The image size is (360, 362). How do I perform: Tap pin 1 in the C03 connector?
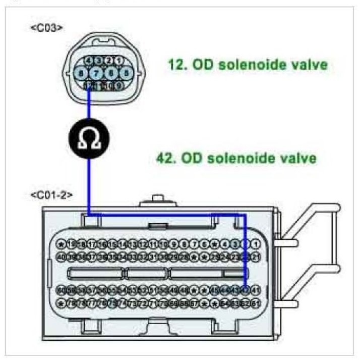pos(119,61)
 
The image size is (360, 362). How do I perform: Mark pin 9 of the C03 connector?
pos(119,86)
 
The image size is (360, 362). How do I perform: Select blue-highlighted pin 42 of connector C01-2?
pos(246,290)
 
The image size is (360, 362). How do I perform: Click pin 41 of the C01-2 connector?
pos(256,290)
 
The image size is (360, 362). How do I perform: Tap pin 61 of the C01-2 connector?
pos(256,303)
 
